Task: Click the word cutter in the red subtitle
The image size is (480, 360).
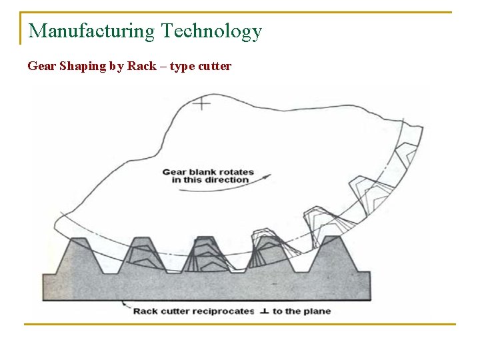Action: (x=215, y=67)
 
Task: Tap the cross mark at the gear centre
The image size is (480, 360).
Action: (x=201, y=103)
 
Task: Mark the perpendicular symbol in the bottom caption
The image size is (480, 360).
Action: (x=265, y=311)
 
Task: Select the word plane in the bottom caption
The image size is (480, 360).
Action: (x=317, y=311)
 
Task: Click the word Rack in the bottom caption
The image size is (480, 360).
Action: (x=146, y=311)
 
